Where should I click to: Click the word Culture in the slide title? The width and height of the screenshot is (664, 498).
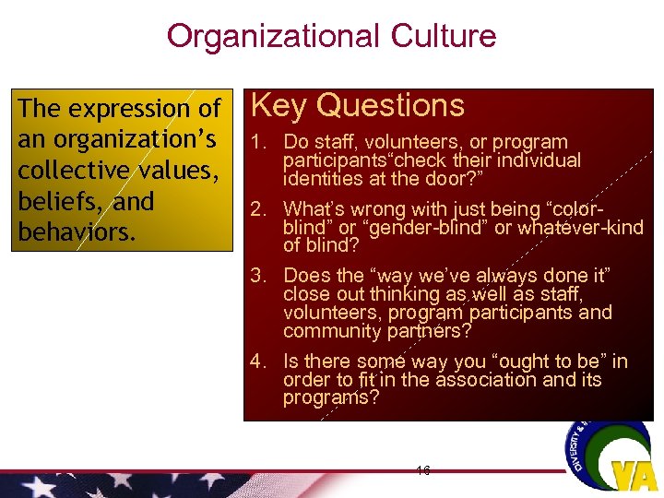(444, 36)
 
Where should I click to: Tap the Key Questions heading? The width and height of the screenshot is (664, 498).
(357, 106)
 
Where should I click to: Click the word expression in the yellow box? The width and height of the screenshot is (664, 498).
(131, 109)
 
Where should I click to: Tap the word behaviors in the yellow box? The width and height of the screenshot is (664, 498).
(77, 231)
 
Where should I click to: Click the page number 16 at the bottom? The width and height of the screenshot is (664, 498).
(423, 470)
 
